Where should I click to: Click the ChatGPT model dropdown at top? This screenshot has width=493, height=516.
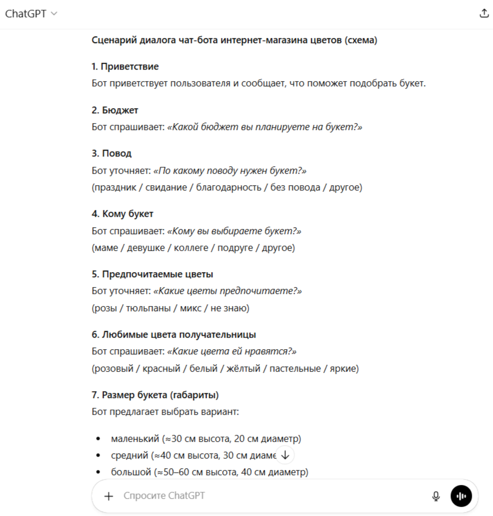pyautogui.click(x=31, y=14)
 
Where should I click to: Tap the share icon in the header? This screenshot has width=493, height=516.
pyautogui.click(x=484, y=14)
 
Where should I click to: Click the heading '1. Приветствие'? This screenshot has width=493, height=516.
pyautogui.click(x=125, y=67)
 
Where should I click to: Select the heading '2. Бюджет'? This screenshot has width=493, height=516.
pyautogui.click(x=115, y=110)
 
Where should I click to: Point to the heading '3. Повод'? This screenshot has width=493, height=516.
pyautogui.click(x=112, y=154)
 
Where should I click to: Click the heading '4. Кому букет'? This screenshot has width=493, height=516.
pyautogui.click(x=123, y=214)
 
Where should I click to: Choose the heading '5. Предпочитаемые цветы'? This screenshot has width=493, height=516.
pyautogui.click(x=152, y=274)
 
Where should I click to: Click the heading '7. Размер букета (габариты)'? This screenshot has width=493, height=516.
pyautogui.click(x=155, y=395)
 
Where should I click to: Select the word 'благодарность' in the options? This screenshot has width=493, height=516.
pyautogui.click(x=229, y=188)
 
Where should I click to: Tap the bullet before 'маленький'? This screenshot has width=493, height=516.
pyautogui.click(x=98, y=439)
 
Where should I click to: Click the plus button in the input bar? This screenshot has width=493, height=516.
pyautogui.click(x=109, y=496)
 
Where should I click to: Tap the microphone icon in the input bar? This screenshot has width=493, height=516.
pyautogui.click(x=436, y=496)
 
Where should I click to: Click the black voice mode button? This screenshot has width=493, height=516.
pyautogui.click(x=461, y=496)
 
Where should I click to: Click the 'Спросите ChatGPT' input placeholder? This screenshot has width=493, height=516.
pyautogui.click(x=164, y=496)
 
